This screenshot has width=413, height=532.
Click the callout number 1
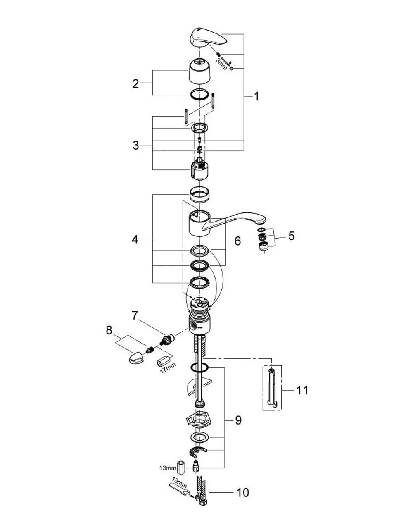256,96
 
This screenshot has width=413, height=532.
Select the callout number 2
135,84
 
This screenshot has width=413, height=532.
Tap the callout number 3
136,146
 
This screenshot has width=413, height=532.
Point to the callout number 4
135,239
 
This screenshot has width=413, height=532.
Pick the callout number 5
291,236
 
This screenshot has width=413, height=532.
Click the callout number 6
237,241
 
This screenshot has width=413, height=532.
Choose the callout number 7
135,316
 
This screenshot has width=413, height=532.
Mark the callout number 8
109,330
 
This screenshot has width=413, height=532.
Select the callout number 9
238,420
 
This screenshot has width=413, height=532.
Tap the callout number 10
243,492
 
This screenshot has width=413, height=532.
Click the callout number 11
302,390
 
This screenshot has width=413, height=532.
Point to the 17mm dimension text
168,368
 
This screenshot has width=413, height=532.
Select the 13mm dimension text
168,468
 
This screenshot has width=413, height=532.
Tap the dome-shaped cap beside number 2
200,71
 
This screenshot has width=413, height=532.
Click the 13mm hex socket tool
181,469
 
